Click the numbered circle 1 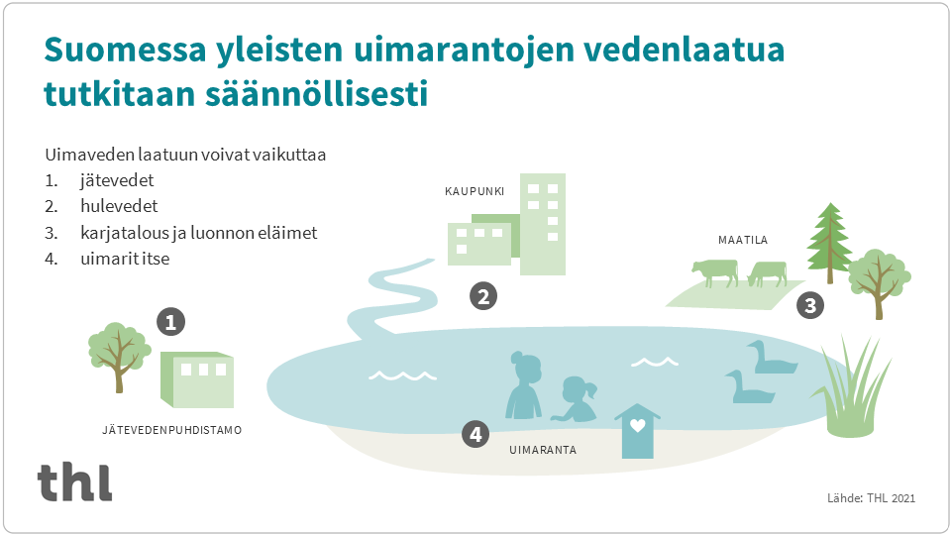(x=171, y=321)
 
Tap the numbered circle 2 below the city (x=482, y=295)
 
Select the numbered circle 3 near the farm (x=810, y=305)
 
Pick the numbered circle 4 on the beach (x=476, y=433)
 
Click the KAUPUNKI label (x=468, y=192)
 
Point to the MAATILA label (x=743, y=240)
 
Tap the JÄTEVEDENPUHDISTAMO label (x=171, y=431)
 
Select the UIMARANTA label (x=542, y=450)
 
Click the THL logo (x=75, y=481)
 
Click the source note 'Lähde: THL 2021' (x=871, y=498)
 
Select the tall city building (x=543, y=225)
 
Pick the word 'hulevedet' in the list (x=119, y=207)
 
